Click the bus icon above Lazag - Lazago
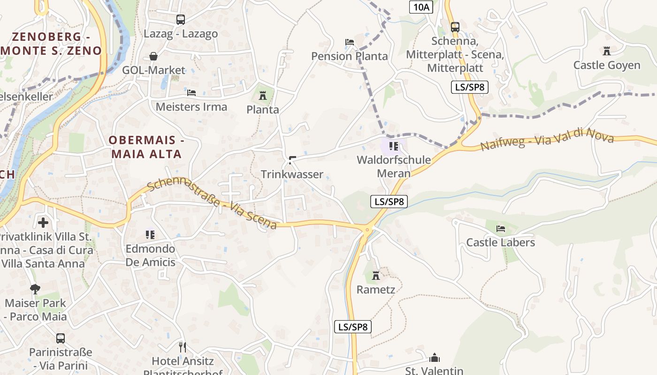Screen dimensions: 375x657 [181, 20]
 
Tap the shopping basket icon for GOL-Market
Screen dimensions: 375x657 [153, 56]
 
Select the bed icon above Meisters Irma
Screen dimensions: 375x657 [191, 92]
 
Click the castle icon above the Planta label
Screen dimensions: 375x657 [263, 96]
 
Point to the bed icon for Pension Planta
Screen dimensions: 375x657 [350, 42]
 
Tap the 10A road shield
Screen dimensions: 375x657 [421, 7]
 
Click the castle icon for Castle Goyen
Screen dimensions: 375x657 [607, 51]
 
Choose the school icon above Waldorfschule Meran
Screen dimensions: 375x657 [394, 146]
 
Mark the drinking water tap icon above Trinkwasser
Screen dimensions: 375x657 [292, 160]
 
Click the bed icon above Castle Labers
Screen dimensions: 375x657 [501, 229]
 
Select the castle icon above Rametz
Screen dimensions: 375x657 [376, 276]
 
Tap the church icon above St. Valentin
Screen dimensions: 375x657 [435, 358]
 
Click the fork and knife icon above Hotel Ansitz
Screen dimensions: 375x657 [183, 347]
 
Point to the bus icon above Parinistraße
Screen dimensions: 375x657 [61, 338]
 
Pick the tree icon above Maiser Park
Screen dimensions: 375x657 [35, 289]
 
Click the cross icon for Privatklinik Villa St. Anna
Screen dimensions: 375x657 [43, 222]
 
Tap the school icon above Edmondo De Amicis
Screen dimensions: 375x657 [150, 234]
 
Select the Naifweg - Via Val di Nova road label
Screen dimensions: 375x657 [547, 139]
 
